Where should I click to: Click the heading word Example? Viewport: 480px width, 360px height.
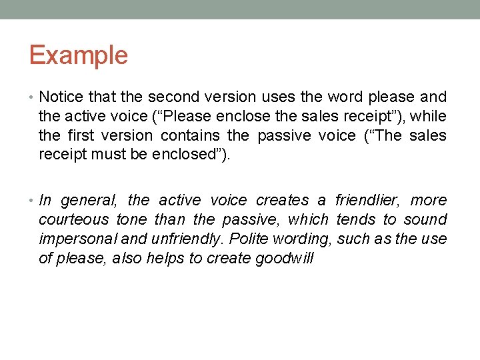pos(78,55)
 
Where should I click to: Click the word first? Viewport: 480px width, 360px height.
pos(82,135)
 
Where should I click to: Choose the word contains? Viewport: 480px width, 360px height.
pos(191,135)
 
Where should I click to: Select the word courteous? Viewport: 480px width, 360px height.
pos(73,219)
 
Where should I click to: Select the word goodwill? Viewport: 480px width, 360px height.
pos(284,258)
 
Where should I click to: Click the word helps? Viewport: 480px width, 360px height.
pos(167,258)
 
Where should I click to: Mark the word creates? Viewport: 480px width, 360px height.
pos(282,200)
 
